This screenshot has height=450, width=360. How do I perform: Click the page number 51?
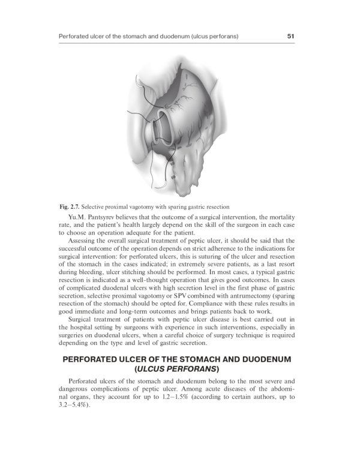[x=290, y=37]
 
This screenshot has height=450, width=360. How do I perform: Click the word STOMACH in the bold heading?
[x=204, y=359]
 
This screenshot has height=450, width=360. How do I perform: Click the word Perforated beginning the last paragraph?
[x=86, y=382]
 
